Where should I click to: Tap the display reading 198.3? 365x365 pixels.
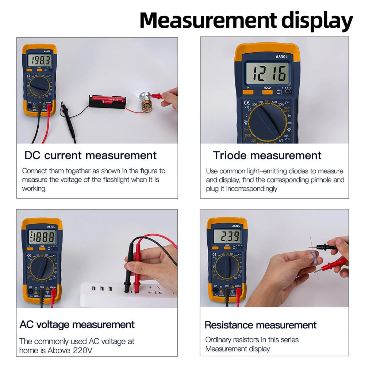tap(40, 60)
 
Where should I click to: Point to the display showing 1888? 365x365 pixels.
tap(42, 237)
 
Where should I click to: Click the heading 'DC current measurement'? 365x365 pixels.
tap(91, 155)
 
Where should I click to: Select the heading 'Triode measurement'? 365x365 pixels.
tap(267, 155)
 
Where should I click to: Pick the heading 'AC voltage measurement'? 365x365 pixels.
tap(77, 324)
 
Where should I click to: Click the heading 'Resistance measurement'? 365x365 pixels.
tap(260, 325)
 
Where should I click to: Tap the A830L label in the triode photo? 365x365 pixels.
tap(281, 57)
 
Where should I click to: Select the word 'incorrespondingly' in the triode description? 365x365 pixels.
tap(251, 189)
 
